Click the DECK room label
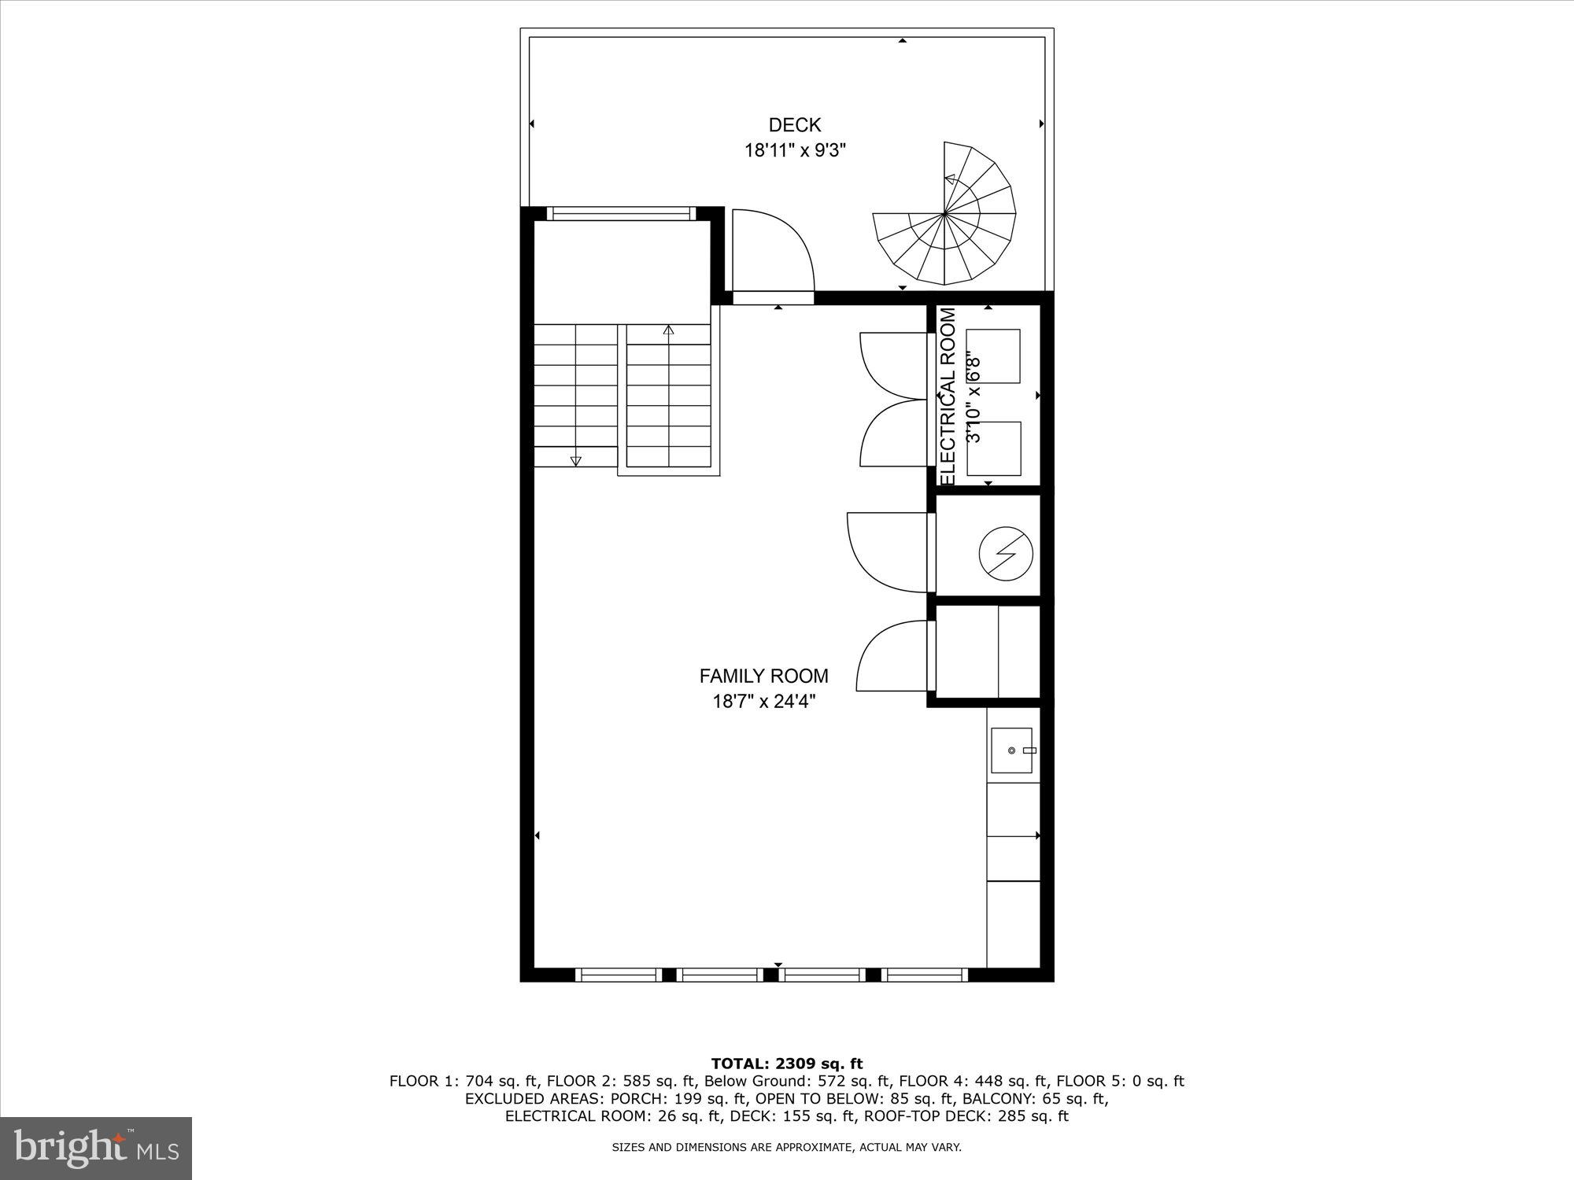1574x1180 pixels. tap(794, 125)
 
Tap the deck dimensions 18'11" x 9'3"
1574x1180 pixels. tap(795, 150)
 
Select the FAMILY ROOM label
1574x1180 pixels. tap(763, 676)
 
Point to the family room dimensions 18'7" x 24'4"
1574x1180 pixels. tap(763, 701)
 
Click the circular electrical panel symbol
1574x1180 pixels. tap(1005, 553)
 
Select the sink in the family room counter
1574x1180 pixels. tap(1011, 750)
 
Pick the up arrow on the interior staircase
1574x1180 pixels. tap(669, 330)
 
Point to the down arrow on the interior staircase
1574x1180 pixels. tap(575, 461)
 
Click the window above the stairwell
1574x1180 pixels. tap(621, 213)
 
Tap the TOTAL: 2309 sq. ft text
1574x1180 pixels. tap(787, 1064)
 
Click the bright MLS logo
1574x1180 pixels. tap(96, 1149)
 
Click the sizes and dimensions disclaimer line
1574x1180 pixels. tap(787, 1148)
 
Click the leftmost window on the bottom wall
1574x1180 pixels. tap(618, 975)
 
